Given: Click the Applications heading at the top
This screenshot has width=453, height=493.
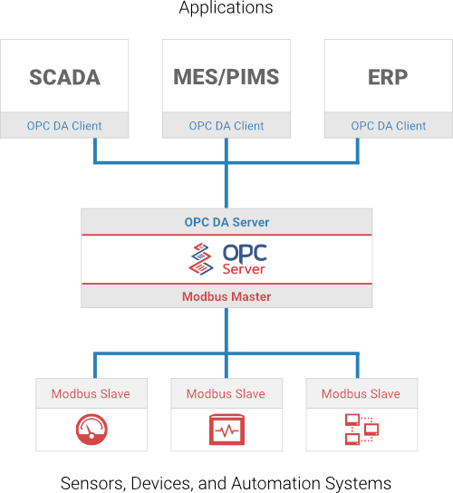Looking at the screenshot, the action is point(226,7).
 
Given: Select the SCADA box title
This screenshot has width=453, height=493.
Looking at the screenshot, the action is point(64,77).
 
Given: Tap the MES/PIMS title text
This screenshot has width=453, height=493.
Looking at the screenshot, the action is point(226,77).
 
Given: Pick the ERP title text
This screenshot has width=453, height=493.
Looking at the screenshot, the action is point(388,77).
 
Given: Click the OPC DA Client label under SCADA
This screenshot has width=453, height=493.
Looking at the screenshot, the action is point(64,126).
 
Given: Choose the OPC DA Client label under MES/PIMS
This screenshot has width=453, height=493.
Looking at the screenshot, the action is point(226,126).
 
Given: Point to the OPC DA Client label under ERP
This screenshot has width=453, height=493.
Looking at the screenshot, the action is point(389,126).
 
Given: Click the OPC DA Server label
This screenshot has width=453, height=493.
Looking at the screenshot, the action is point(226,222).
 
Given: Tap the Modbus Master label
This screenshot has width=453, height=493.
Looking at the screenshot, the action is point(226,297).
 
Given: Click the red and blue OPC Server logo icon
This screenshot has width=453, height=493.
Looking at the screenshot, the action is point(201,259).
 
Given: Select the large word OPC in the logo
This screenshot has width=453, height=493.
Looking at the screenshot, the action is point(245,254).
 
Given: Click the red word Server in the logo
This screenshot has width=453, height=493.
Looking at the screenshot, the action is point(244,269).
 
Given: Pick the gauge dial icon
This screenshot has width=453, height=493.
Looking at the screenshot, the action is point(92,430).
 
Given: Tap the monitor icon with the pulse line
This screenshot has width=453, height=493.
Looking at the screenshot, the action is point(226,430).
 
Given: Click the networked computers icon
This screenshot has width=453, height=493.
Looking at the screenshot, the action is point(361,430).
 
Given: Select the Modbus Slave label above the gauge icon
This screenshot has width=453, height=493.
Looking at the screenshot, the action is point(91,394).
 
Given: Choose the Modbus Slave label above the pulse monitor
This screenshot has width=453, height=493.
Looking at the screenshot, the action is point(226,394).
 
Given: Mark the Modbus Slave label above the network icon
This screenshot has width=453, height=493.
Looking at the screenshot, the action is point(361,394).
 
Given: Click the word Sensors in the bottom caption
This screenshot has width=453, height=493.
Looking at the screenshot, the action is point(92,484).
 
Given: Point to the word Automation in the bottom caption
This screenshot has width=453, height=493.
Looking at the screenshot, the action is point(276,483).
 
